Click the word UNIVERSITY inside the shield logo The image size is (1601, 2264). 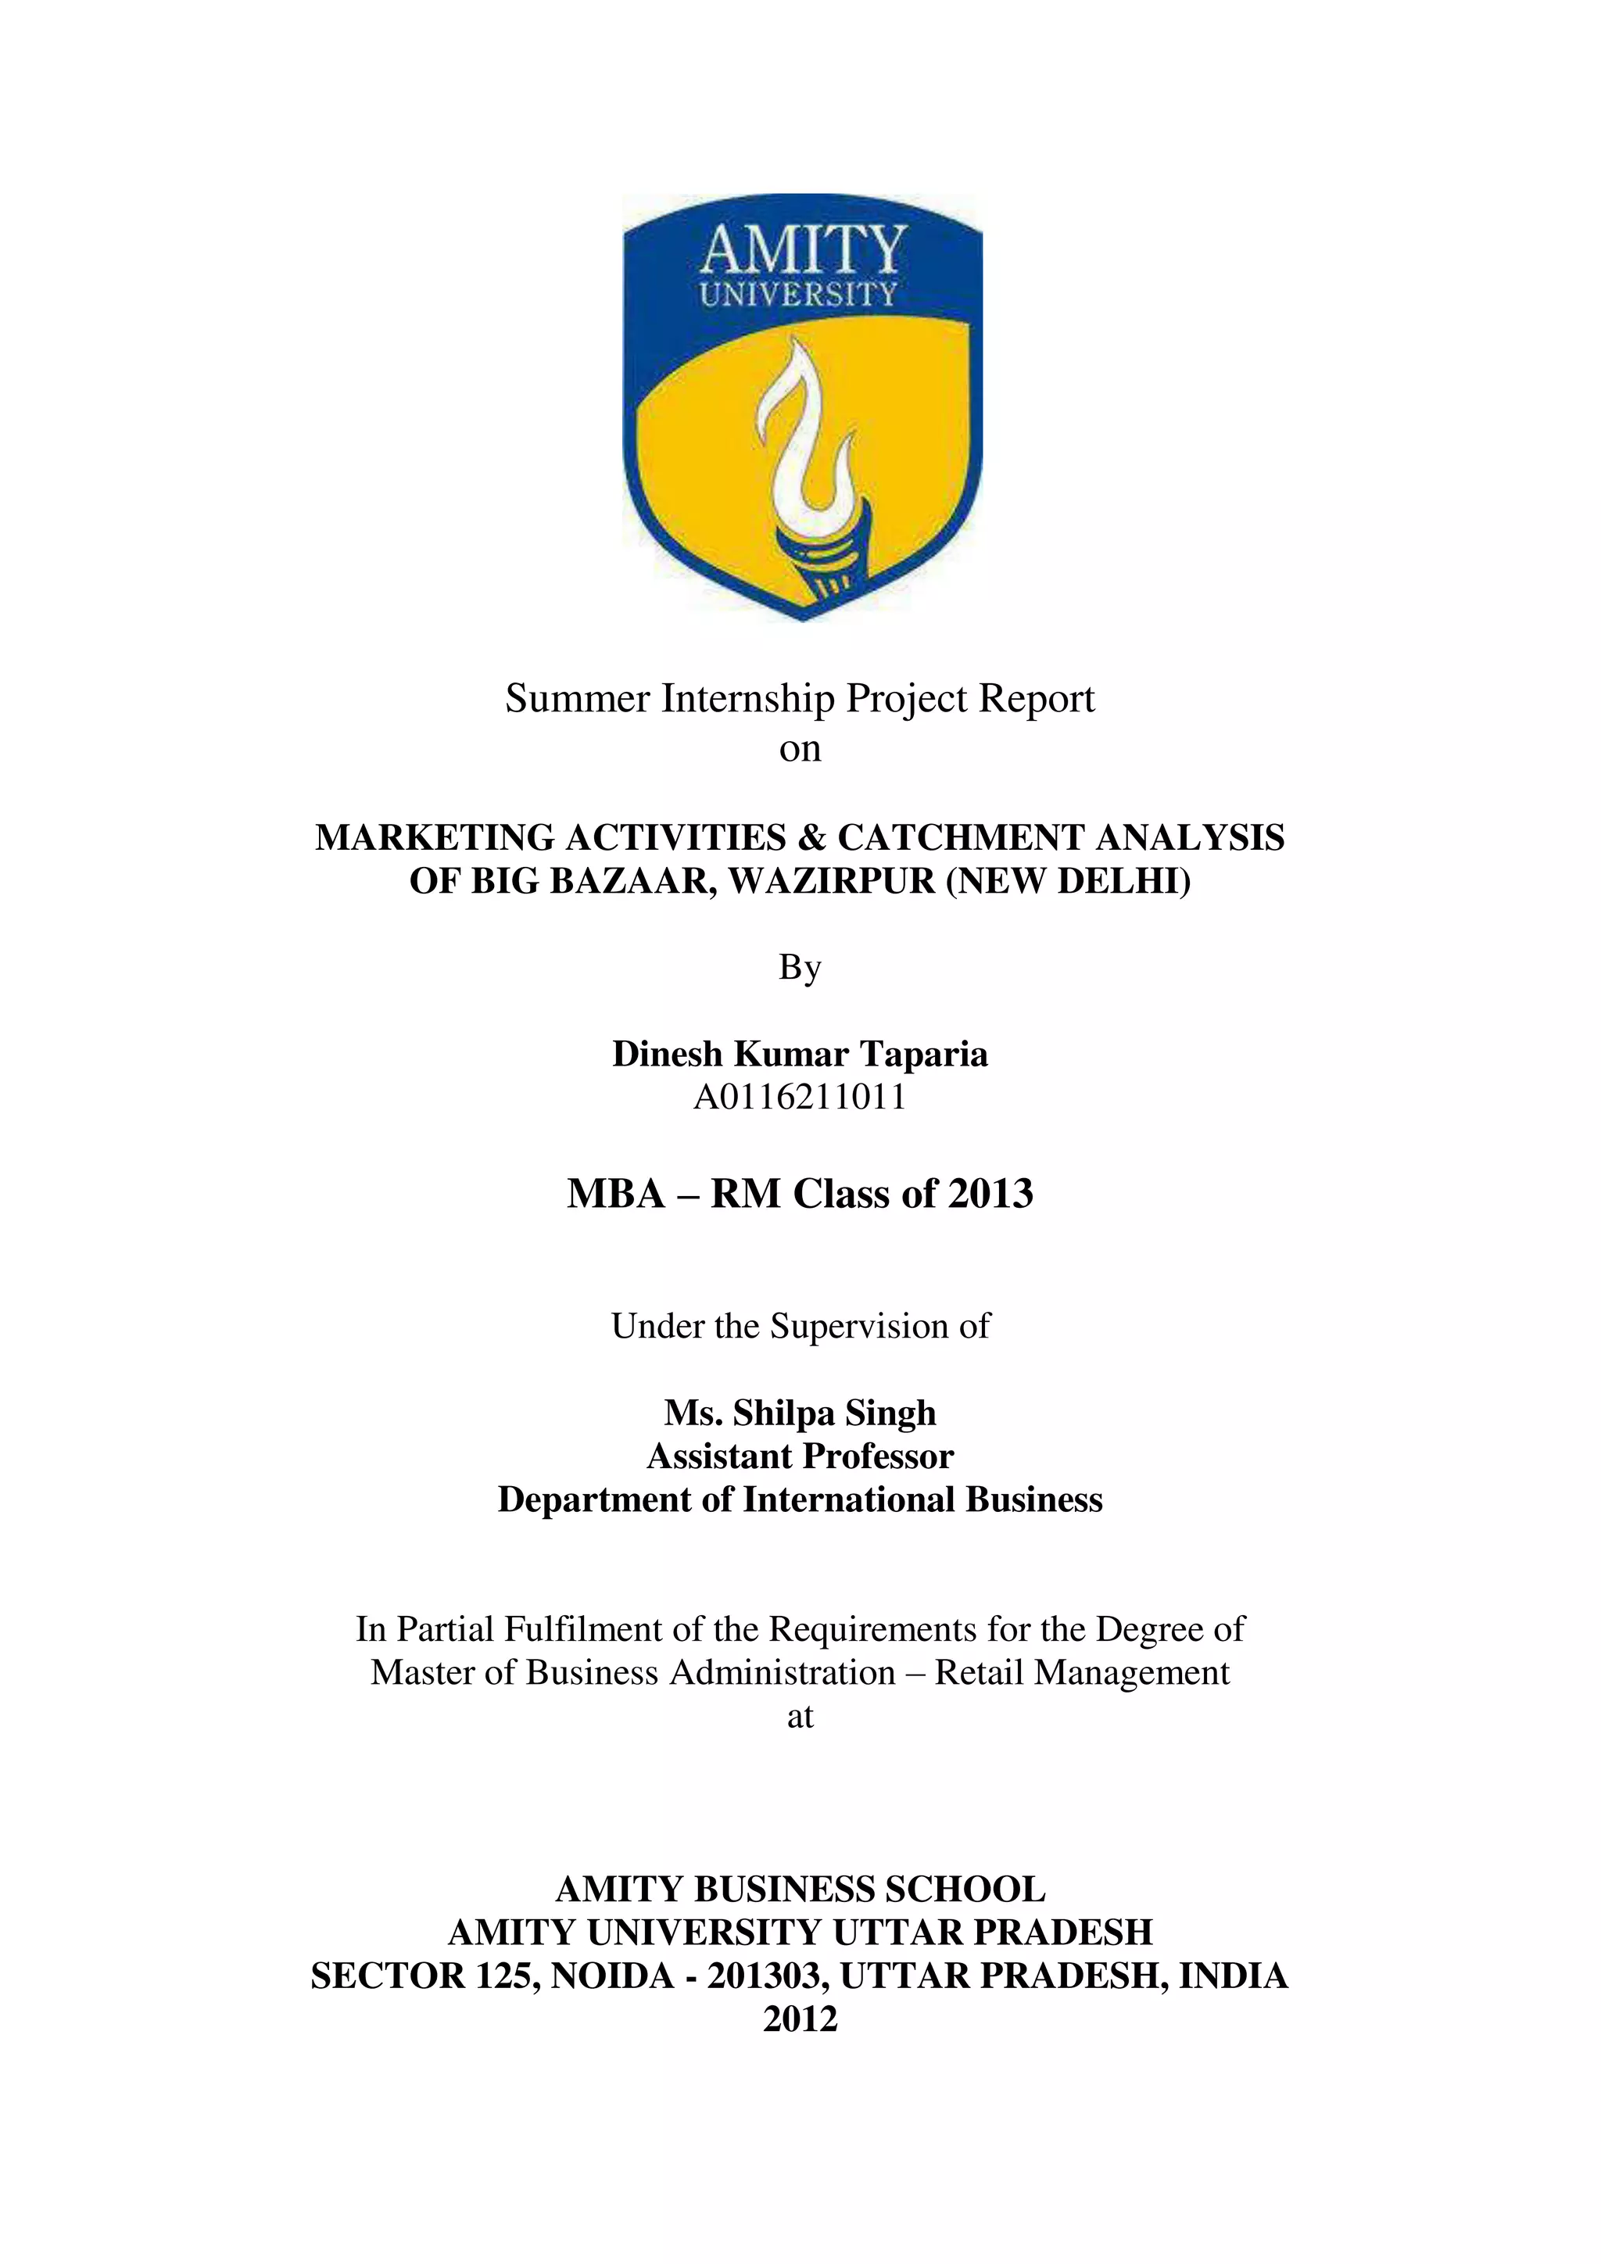(x=798, y=295)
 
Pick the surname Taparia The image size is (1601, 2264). (x=924, y=1054)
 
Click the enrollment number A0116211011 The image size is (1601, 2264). (x=800, y=1098)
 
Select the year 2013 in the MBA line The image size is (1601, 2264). (x=990, y=1194)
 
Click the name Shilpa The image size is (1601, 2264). (x=784, y=1413)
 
